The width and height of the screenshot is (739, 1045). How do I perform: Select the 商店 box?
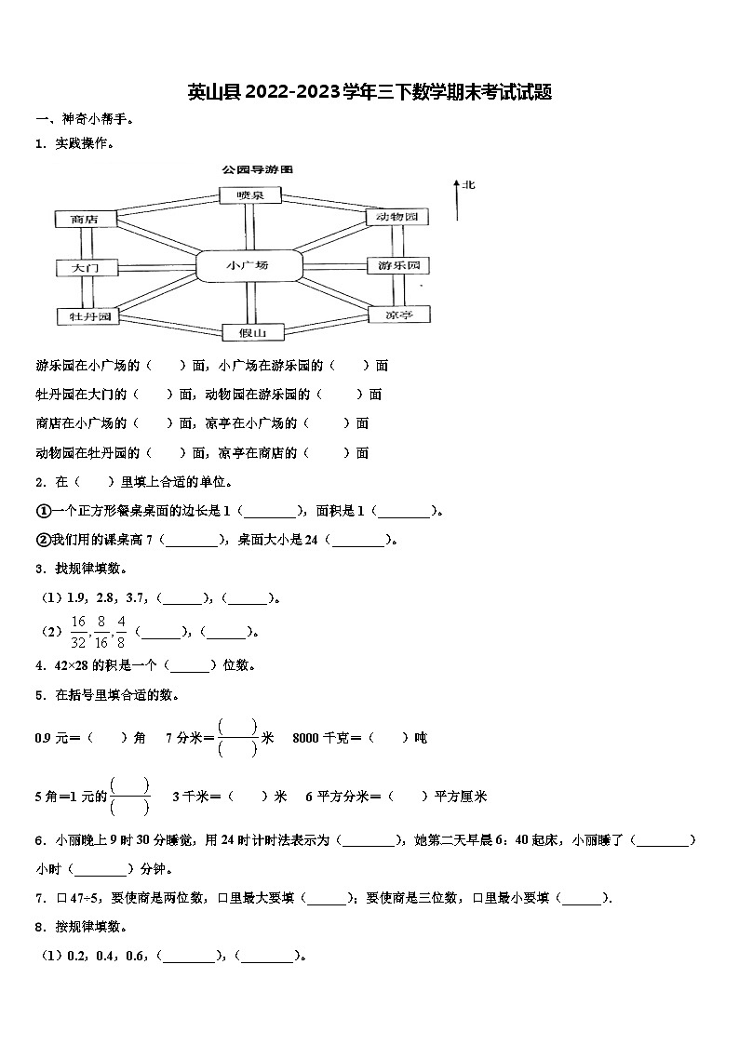pos(85,220)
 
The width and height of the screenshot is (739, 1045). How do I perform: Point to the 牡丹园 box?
pos(85,316)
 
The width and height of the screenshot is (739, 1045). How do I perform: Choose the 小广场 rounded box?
pos(248,265)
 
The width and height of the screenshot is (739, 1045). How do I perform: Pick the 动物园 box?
pos(397,217)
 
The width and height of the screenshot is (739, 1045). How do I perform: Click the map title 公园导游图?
pos(257,170)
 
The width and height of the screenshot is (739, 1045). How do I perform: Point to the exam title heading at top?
pos(369,92)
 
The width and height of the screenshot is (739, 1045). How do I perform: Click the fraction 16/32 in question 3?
pos(78,631)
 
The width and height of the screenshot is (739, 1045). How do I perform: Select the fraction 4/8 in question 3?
pos(121,631)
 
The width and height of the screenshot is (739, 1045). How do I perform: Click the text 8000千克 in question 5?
pos(319,738)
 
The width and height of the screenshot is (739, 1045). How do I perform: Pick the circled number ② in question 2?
pos(43,539)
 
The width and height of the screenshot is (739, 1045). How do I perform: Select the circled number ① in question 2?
pos(43,510)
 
